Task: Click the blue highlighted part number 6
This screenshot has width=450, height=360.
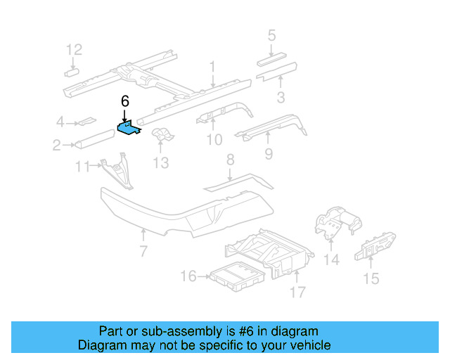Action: click(x=128, y=128)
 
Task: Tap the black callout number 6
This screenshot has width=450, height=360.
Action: click(x=125, y=101)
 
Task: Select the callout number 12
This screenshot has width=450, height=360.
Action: click(x=75, y=49)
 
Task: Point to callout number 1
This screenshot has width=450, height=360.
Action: click(x=212, y=67)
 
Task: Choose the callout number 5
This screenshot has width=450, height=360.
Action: click(x=271, y=34)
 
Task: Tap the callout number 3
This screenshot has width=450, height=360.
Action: click(x=280, y=97)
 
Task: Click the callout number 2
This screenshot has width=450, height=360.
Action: click(x=56, y=146)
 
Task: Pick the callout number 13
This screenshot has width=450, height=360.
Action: click(x=161, y=163)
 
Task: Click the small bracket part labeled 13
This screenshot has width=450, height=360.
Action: click(x=162, y=135)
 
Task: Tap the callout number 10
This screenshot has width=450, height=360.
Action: click(x=214, y=140)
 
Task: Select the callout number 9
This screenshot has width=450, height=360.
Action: click(x=268, y=153)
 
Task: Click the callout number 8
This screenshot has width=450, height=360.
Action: click(x=229, y=162)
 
